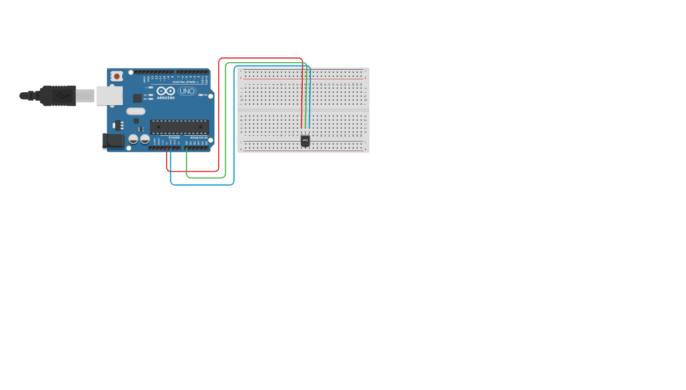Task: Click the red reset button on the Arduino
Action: tap(116, 76)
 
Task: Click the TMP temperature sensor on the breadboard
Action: tap(305, 140)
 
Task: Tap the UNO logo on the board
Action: tap(187, 91)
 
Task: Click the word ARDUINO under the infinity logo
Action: tap(166, 98)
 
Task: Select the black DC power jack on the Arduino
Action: tap(113, 141)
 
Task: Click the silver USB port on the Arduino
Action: tap(109, 95)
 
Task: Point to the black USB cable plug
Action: tap(58, 95)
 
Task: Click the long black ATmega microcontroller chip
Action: tap(179, 127)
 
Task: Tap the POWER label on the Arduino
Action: tap(174, 137)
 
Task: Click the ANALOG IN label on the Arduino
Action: tap(198, 137)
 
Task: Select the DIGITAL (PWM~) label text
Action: tap(185, 82)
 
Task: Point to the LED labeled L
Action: tap(151, 87)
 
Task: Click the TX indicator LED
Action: tap(151, 95)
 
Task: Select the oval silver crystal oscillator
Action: tap(136, 111)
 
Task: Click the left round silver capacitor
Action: tap(133, 139)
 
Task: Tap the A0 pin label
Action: tap(187, 143)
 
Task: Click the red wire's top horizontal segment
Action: tap(260, 58)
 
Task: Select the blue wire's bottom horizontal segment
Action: tap(202, 185)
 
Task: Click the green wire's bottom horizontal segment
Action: tap(206, 177)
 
